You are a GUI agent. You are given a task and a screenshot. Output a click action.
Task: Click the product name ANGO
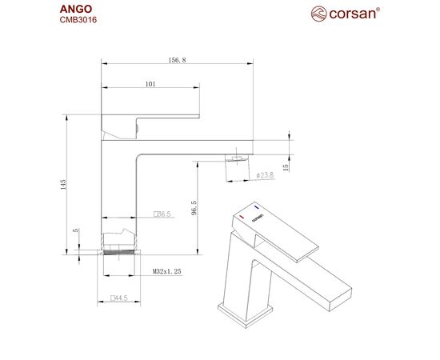tap(76, 9)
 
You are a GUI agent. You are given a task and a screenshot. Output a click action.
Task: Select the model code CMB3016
tap(78, 20)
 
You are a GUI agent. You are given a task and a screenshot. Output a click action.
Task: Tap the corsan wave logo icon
tap(318, 14)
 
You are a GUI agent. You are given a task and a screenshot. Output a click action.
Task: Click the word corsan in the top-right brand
tap(353, 14)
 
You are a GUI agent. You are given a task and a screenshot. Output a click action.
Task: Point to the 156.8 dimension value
tap(177, 60)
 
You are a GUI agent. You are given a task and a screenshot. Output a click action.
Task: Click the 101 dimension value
tap(150, 84)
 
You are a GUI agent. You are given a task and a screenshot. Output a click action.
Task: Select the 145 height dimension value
tap(63, 185)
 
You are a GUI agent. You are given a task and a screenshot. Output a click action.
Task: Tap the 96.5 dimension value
tap(194, 208)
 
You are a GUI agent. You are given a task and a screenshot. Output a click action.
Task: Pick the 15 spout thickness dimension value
tap(286, 167)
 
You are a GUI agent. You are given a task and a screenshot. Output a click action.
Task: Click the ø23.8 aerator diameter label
tap(265, 175)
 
